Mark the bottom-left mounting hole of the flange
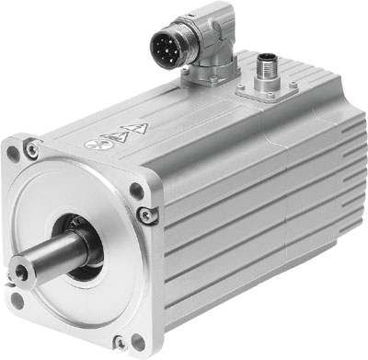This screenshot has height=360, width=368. click(17, 300)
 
